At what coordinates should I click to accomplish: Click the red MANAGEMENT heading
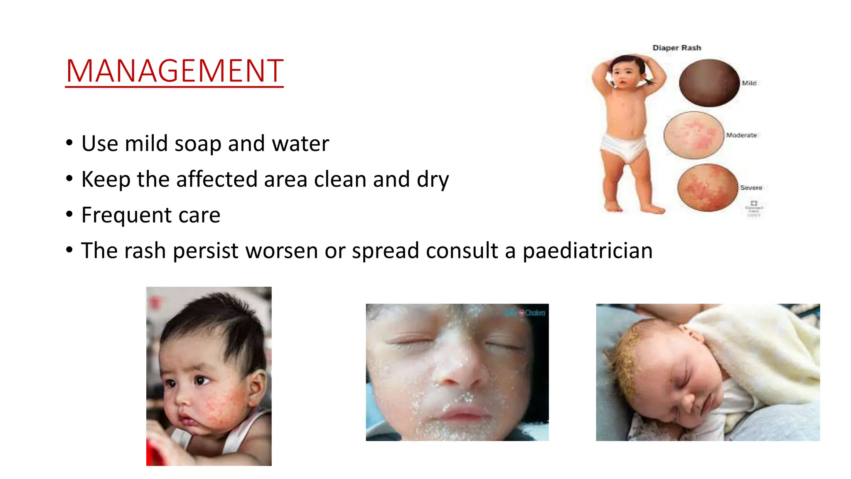pos(175,71)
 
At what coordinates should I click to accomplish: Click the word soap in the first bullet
pos(197,144)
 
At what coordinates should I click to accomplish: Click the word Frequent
pos(126,215)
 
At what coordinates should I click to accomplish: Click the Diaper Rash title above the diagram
pos(676,48)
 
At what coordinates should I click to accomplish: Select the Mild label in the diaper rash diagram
pos(749,83)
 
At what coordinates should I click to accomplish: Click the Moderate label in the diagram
pos(741,135)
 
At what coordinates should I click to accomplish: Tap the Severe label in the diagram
pos(751,188)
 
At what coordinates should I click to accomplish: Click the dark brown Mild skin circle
pos(709,83)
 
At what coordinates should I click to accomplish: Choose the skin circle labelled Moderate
pos(694,135)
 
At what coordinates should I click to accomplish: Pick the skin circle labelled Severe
pos(708,188)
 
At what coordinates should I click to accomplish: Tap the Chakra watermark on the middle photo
pos(534,313)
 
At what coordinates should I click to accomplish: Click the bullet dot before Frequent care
pos(69,215)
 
